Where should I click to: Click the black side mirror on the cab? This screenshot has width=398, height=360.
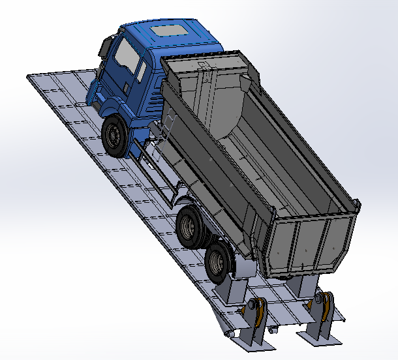click(104, 48)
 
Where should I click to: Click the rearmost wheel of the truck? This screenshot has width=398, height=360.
click(217, 261)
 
